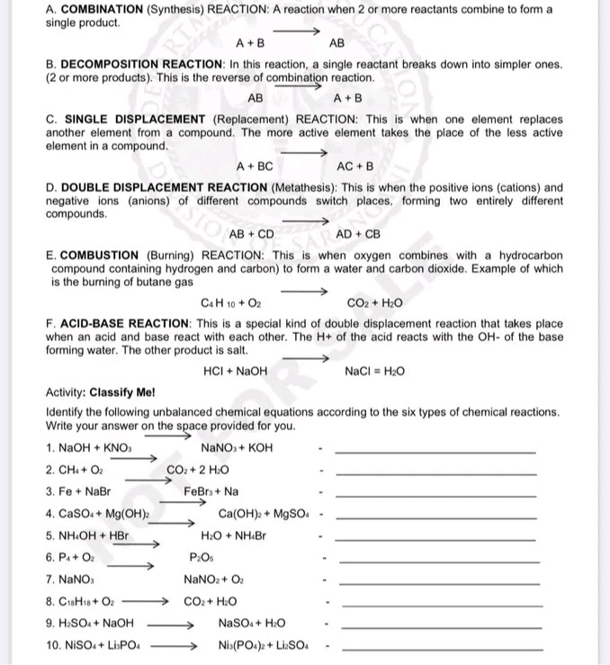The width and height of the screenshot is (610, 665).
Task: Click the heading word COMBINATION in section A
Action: coord(102,8)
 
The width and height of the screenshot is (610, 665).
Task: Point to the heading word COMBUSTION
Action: coord(100,256)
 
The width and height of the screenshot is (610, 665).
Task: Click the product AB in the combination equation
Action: coord(337,42)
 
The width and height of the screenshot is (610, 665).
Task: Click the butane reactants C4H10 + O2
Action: coord(232,303)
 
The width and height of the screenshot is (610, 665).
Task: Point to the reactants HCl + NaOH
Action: coord(236,371)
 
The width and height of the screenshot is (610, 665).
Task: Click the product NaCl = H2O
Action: coord(374,371)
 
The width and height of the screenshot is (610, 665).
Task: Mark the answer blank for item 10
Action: coord(444,649)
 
